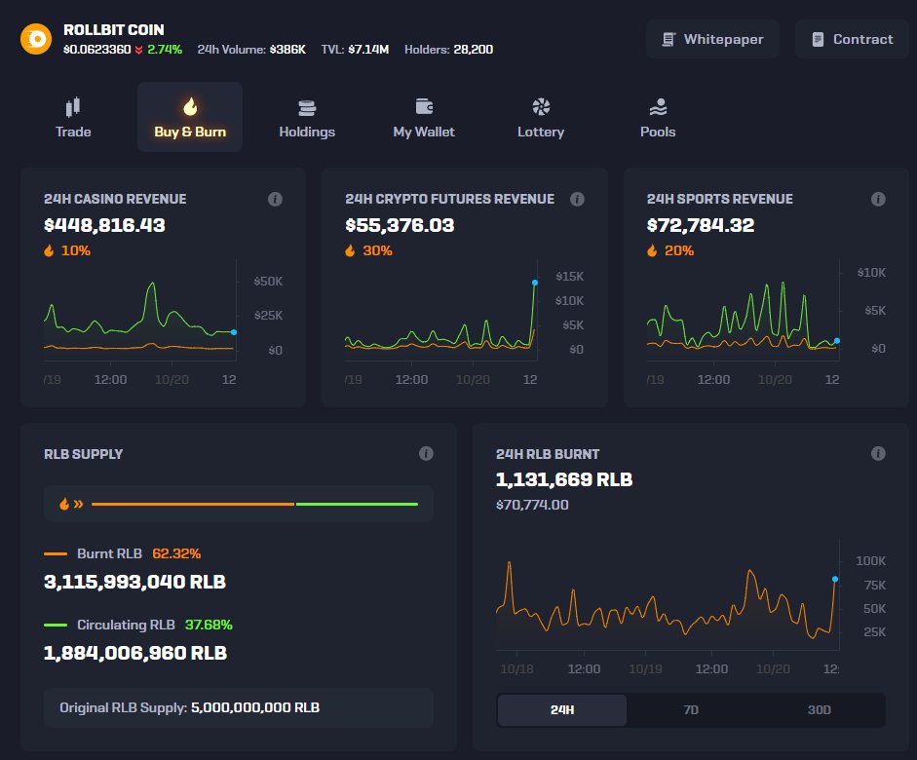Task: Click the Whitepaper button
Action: tap(712, 39)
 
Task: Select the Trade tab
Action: tap(73, 117)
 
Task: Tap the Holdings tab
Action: tap(307, 117)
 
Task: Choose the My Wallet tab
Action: tap(424, 117)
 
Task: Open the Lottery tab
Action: tap(541, 117)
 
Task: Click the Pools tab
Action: tap(658, 117)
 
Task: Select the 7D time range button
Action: tap(691, 709)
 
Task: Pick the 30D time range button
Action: tap(820, 709)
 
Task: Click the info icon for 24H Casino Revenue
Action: tap(275, 199)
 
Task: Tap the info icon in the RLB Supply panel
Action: tap(426, 454)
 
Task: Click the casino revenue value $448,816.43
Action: tap(104, 225)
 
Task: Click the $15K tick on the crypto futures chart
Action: tap(569, 277)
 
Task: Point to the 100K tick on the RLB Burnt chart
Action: tap(870, 561)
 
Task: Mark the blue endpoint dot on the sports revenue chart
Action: tap(836, 341)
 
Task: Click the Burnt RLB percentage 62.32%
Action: tap(176, 553)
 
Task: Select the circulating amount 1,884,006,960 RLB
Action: tap(135, 653)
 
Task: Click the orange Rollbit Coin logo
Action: tap(36, 39)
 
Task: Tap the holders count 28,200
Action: tap(473, 49)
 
